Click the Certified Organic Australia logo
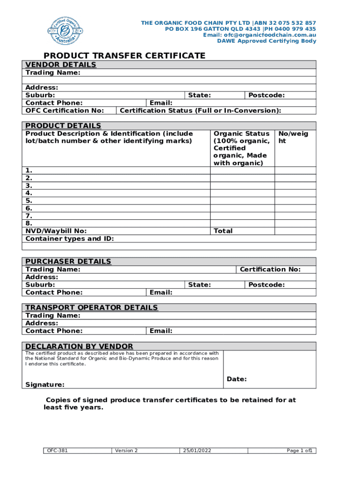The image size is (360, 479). click(65, 31)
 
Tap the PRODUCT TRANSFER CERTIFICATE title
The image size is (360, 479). click(124, 56)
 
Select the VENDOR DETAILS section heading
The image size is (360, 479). click(61, 65)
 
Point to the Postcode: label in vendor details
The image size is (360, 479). click(266, 95)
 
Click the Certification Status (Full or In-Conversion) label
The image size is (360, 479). click(201, 110)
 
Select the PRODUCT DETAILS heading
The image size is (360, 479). click(63, 126)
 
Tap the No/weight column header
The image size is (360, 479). click(293, 138)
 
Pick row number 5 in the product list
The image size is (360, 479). click(29, 201)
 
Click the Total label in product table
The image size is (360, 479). click(223, 231)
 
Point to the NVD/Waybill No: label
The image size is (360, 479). click(56, 231)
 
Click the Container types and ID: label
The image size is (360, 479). click(70, 239)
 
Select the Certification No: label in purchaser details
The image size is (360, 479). click(270, 269)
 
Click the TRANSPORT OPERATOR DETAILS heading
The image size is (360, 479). click(92, 308)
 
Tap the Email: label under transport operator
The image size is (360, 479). click(161, 331)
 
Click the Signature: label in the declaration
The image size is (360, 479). click(45, 385)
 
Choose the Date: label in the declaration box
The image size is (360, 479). click(237, 379)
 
